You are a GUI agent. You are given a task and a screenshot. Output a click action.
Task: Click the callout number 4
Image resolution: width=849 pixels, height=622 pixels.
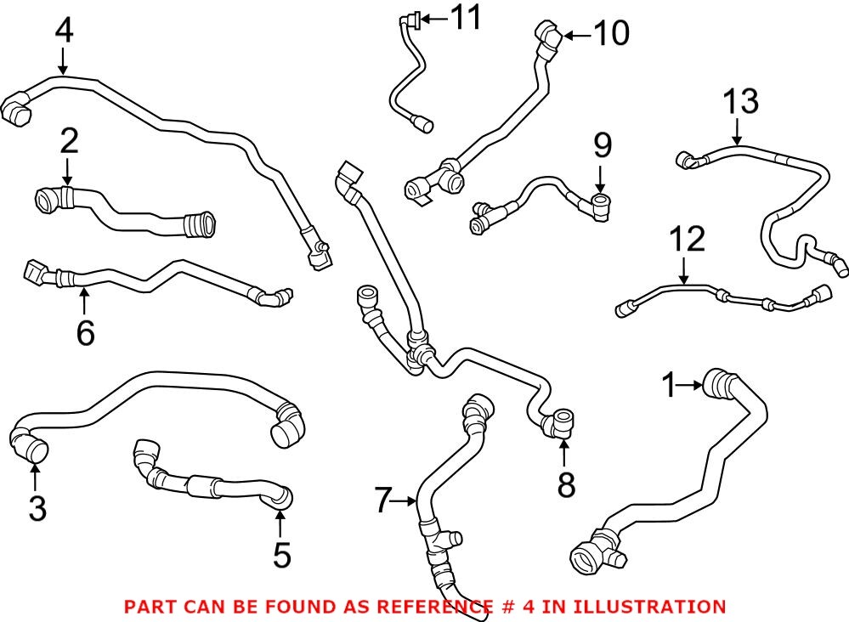pos(64,31)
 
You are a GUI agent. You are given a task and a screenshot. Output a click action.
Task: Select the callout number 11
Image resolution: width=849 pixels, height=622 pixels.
pos(464,17)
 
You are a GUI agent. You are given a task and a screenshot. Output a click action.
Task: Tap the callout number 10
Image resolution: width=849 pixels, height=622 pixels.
pos(610,34)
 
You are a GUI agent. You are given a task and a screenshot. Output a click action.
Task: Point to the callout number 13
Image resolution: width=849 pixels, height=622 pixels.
pos(740,102)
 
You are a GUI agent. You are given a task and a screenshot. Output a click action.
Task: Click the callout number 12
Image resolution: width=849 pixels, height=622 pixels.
pos(687,240)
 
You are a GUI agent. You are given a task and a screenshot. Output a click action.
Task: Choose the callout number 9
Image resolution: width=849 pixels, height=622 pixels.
pos(603,147)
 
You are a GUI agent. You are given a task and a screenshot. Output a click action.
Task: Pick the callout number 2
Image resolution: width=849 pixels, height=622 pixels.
pos(68,141)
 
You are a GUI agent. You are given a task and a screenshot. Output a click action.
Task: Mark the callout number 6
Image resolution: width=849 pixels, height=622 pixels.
pos(85,332)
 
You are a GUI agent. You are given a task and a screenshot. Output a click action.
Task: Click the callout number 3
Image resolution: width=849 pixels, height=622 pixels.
pos(37,507)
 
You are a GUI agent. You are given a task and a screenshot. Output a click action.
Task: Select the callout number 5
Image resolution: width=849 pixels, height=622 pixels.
pos(281,556)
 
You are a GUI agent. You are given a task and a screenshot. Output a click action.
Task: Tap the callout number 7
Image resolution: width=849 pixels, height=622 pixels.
pos(383,501)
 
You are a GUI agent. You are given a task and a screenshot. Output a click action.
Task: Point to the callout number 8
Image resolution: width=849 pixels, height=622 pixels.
pos(566,484)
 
